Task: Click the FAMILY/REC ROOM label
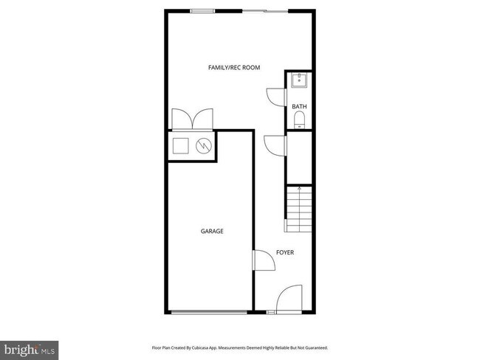click(233, 68)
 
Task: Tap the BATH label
click(299, 107)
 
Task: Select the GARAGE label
click(212, 231)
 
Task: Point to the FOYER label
click(285, 252)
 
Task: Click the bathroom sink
click(300, 81)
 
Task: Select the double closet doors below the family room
click(191, 120)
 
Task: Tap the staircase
click(299, 209)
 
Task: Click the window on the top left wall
click(202, 10)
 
